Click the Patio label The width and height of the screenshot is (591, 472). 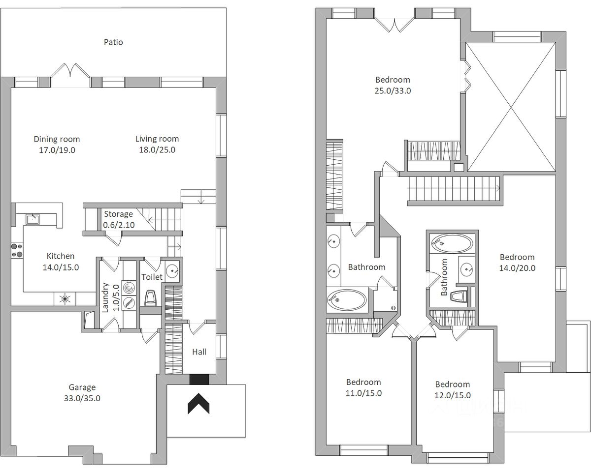click(113, 42)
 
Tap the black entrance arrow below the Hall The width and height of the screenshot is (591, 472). click(198, 404)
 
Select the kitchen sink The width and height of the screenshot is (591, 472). click(33, 219)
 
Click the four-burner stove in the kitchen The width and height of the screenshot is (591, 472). click(17, 250)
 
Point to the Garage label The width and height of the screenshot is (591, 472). click(82, 387)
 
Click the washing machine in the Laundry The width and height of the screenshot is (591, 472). click(129, 288)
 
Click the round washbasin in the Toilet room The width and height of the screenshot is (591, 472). click(172, 271)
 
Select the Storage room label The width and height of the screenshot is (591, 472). click(118, 214)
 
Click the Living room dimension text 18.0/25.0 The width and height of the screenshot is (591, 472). click(157, 150)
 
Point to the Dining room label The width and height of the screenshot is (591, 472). click(57, 139)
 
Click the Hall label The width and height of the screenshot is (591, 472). click(199, 352)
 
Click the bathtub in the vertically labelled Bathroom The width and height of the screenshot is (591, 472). click(452, 243)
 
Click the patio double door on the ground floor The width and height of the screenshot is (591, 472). click(70, 72)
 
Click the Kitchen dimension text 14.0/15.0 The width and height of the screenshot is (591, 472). click(61, 267)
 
